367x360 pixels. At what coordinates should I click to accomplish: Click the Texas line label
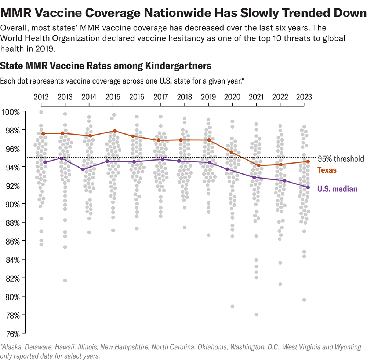[x=327, y=170]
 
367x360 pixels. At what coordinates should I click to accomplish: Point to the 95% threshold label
[x=341, y=159]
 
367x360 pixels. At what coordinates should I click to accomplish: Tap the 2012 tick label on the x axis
[x=41, y=97]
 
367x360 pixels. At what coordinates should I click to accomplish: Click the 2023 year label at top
[x=304, y=97]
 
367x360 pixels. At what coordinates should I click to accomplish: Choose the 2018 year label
[x=185, y=97]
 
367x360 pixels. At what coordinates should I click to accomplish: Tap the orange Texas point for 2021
[x=259, y=165]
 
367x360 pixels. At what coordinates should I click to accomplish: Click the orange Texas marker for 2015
[x=115, y=131]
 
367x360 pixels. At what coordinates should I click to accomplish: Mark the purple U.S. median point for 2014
[x=83, y=169]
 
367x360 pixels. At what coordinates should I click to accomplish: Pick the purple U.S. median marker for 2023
[x=308, y=187]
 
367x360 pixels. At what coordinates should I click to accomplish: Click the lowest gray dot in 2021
[x=256, y=315]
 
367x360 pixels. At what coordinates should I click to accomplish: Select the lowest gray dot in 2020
[x=232, y=306]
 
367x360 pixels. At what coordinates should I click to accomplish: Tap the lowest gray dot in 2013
[x=65, y=280]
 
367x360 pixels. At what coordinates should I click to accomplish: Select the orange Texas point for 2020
[x=231, y=152]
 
